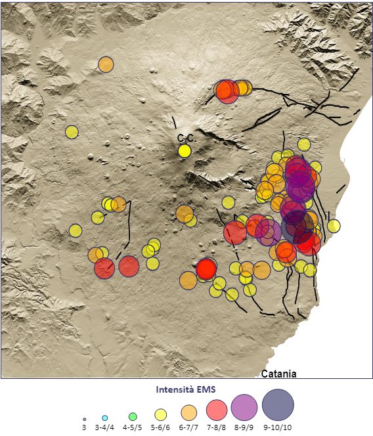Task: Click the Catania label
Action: pyautogui.click(x=278, y=374)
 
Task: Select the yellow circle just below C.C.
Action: pyautogui.click(x=185, y=151)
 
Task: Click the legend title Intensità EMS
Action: pyautogui.click(x=186, y=389)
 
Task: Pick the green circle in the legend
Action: pyautogui.click(x=133, y=416)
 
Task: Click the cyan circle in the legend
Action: pyautogui.click(x=105, y=418)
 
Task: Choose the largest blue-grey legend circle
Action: pyautogui.click(x=278, y=405)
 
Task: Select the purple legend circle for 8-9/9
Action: pyautogui.click(x=244, y=408)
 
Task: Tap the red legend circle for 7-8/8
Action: pyautogui.click(x=217, y=410)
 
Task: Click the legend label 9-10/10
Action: pyautogui.click(x=277, y=428)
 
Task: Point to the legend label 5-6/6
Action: pyautogui.click(x=160, y=428)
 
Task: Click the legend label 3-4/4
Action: pyautogui.click(x=105, y=428)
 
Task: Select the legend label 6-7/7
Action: pyautogui.click(x=188, y=428)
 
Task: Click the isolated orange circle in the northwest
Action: pyautogui.click(x=106, y=64)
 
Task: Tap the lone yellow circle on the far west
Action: pyautogui.click(x=72, y=132)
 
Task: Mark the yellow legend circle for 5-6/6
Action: pyautogui.click(x=160, y=414)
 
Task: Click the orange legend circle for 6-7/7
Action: pyautogui.click(x=188, y=412)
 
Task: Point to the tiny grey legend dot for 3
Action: pyautogui.click(x=85, y=419)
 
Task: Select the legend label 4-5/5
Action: pyautogui.click(x=133, y=428)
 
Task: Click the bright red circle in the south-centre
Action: pyautogui.click(x=206, y=268)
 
